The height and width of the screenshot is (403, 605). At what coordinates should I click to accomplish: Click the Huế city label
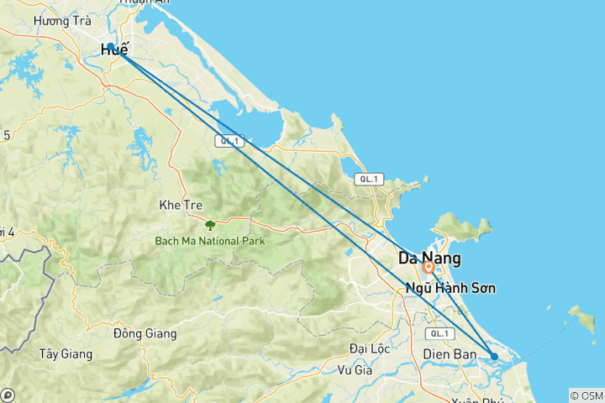[115, 51]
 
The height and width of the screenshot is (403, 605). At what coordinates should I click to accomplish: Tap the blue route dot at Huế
[111, 47]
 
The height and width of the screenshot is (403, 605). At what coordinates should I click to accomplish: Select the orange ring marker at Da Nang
[429, 268]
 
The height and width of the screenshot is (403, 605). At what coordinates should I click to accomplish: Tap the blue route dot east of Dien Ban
[494, 357]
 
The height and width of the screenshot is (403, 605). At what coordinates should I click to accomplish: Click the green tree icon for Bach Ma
[209, 225]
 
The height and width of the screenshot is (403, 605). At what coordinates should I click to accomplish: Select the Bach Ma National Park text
[209, 241]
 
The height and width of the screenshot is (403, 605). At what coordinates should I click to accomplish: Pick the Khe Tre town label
[177, 205]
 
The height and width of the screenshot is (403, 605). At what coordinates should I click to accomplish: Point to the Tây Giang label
[65, 353]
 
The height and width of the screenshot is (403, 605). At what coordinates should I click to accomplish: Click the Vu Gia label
[354, 369]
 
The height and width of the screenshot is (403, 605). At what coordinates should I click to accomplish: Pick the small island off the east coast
[580, 316]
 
